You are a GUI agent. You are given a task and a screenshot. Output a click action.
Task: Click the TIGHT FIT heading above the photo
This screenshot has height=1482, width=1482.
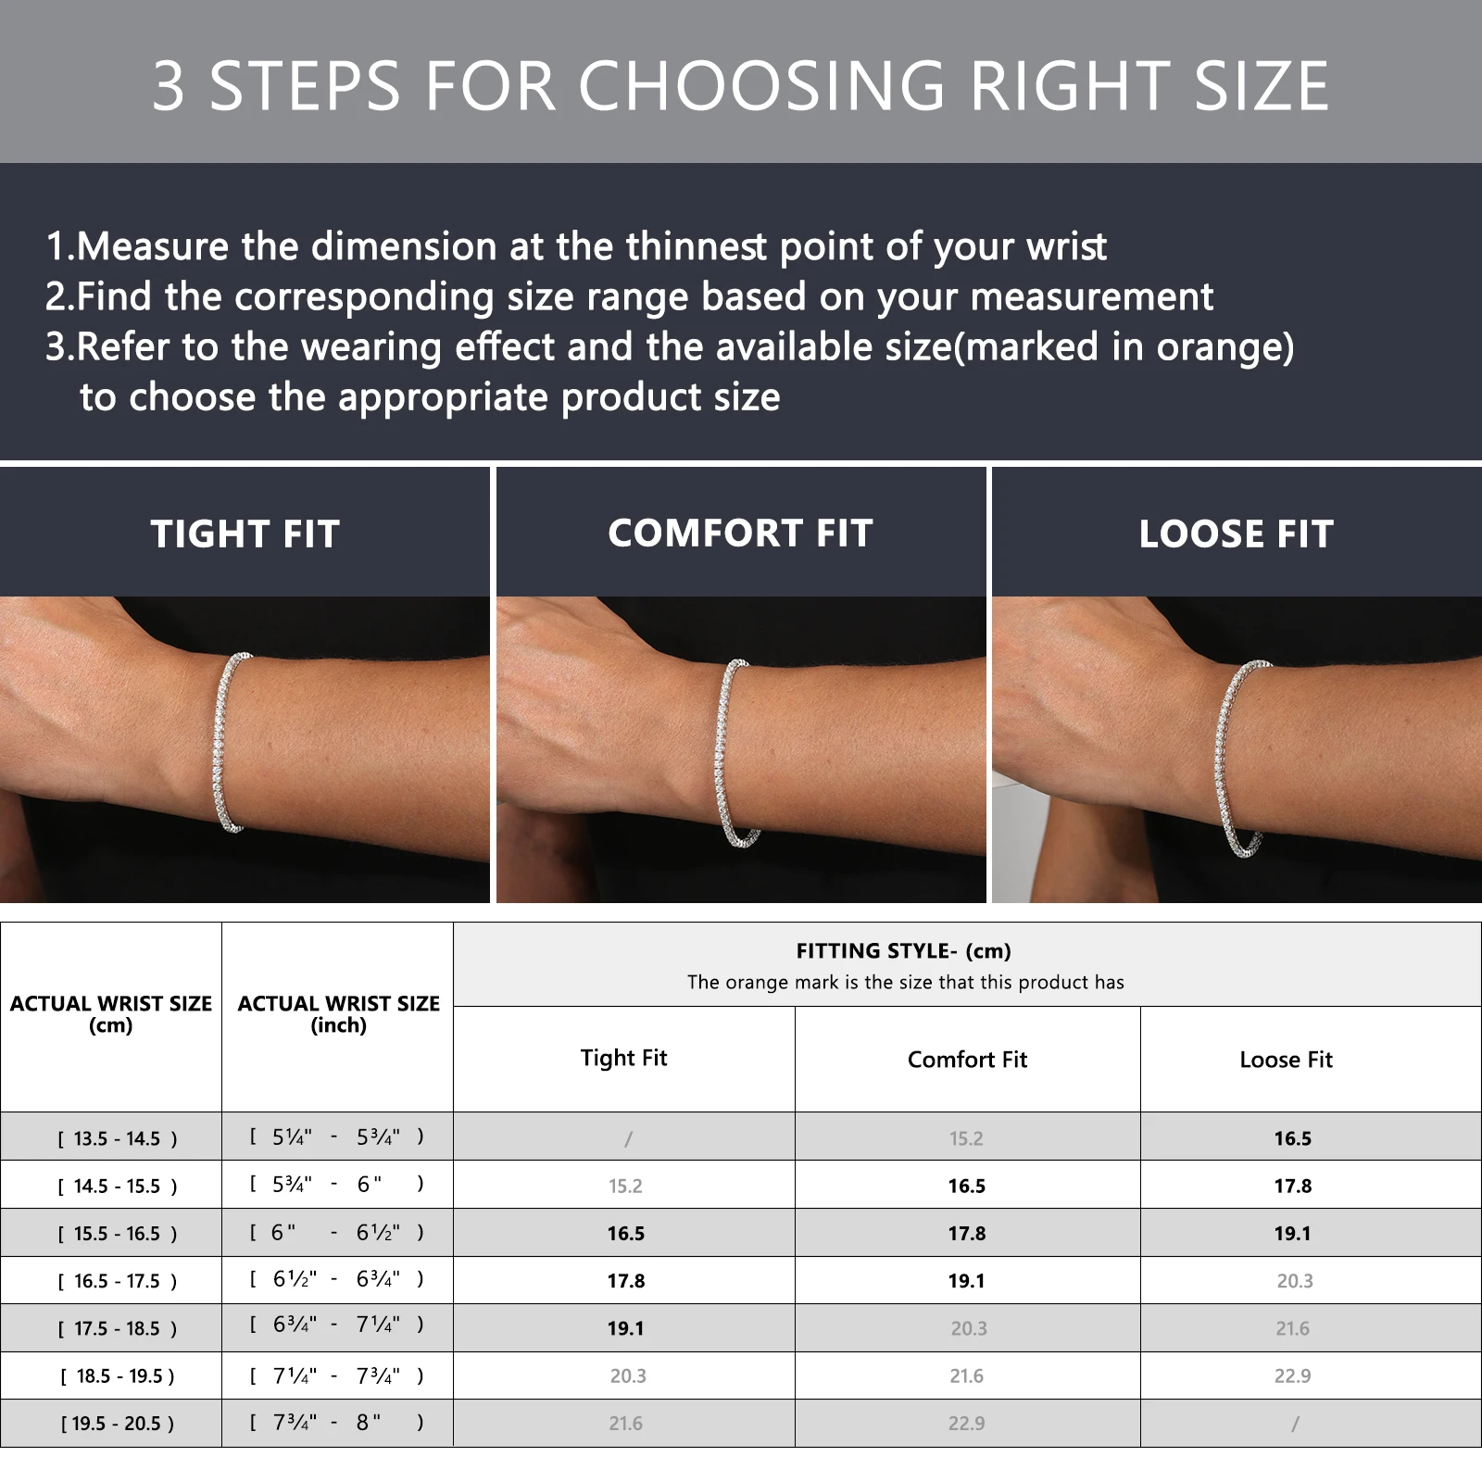click(x=245, y=534)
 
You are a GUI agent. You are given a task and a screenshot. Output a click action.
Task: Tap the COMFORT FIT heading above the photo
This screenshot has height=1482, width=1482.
click(x=741, y=534)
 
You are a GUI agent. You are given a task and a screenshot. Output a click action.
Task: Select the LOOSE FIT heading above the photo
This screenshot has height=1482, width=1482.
click(x=1237, y=534)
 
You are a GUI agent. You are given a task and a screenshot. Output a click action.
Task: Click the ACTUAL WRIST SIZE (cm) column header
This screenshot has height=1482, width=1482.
click(x=111, y=1014)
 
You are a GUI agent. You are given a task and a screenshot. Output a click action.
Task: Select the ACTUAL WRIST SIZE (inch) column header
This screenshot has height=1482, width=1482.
click(x=338, y=1014)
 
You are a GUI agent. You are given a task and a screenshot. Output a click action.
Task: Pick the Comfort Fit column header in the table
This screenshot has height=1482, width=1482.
click(x=967, y=1060)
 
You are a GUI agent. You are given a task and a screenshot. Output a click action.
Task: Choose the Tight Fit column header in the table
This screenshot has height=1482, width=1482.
click(x=623, y=1058)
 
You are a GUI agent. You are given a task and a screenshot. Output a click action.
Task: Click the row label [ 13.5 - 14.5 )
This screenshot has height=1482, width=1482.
click(x=118, y=1138)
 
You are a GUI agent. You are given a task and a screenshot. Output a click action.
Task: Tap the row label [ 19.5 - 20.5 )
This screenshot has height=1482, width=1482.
click(x=118, y=1424)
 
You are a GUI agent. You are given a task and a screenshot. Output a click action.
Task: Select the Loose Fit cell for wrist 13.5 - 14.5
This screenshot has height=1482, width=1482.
click(x=1292, y=1138)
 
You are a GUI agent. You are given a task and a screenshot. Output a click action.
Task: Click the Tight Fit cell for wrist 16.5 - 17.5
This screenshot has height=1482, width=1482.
click(x=626, y=1281)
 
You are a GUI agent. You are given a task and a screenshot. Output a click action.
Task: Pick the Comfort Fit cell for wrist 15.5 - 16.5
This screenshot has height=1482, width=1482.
click(x=967, y=1234)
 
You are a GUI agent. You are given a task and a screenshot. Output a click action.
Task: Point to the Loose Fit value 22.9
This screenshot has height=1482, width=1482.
click(x=1292, y=1376)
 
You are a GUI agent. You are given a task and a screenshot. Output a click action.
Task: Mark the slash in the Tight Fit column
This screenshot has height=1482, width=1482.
click(x=628, y=1139)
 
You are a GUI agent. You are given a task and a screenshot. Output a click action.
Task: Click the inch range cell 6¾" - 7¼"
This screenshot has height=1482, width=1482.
click(x=337, y=1325)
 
